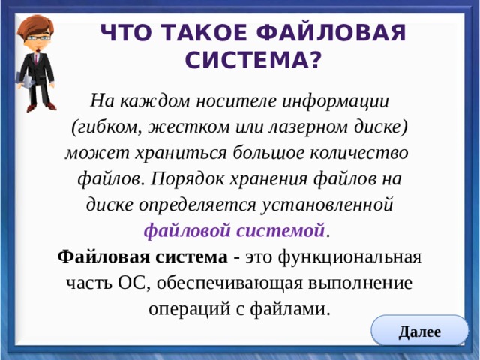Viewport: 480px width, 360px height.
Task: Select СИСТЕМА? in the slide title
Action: pyautogui.click(x=250, y=58)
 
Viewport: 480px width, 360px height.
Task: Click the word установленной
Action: pyautogui.click(x=327, y=205)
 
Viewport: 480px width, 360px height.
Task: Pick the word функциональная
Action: pyautogui.click(x=349, y=256)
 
